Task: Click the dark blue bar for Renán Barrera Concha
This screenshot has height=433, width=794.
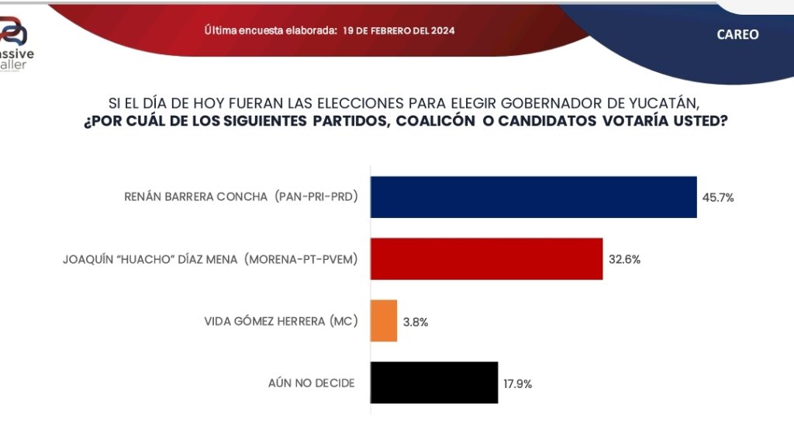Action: point(533,197)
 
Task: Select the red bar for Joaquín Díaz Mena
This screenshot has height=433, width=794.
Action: point(486,259)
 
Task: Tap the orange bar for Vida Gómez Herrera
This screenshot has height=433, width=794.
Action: point(384,320)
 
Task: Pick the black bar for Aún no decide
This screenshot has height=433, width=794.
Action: point(434,383)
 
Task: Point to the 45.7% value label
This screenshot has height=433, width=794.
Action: point(717,198)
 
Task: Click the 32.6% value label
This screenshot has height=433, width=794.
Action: point(624,260)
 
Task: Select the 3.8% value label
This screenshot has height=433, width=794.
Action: point(415,321)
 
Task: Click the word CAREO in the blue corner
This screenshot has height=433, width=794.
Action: point(737,35)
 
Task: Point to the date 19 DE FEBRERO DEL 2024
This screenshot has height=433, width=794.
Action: point(399,31)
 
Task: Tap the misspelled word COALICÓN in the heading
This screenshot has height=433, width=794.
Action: point(457,122)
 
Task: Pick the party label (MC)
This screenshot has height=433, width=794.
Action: point(343,321)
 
